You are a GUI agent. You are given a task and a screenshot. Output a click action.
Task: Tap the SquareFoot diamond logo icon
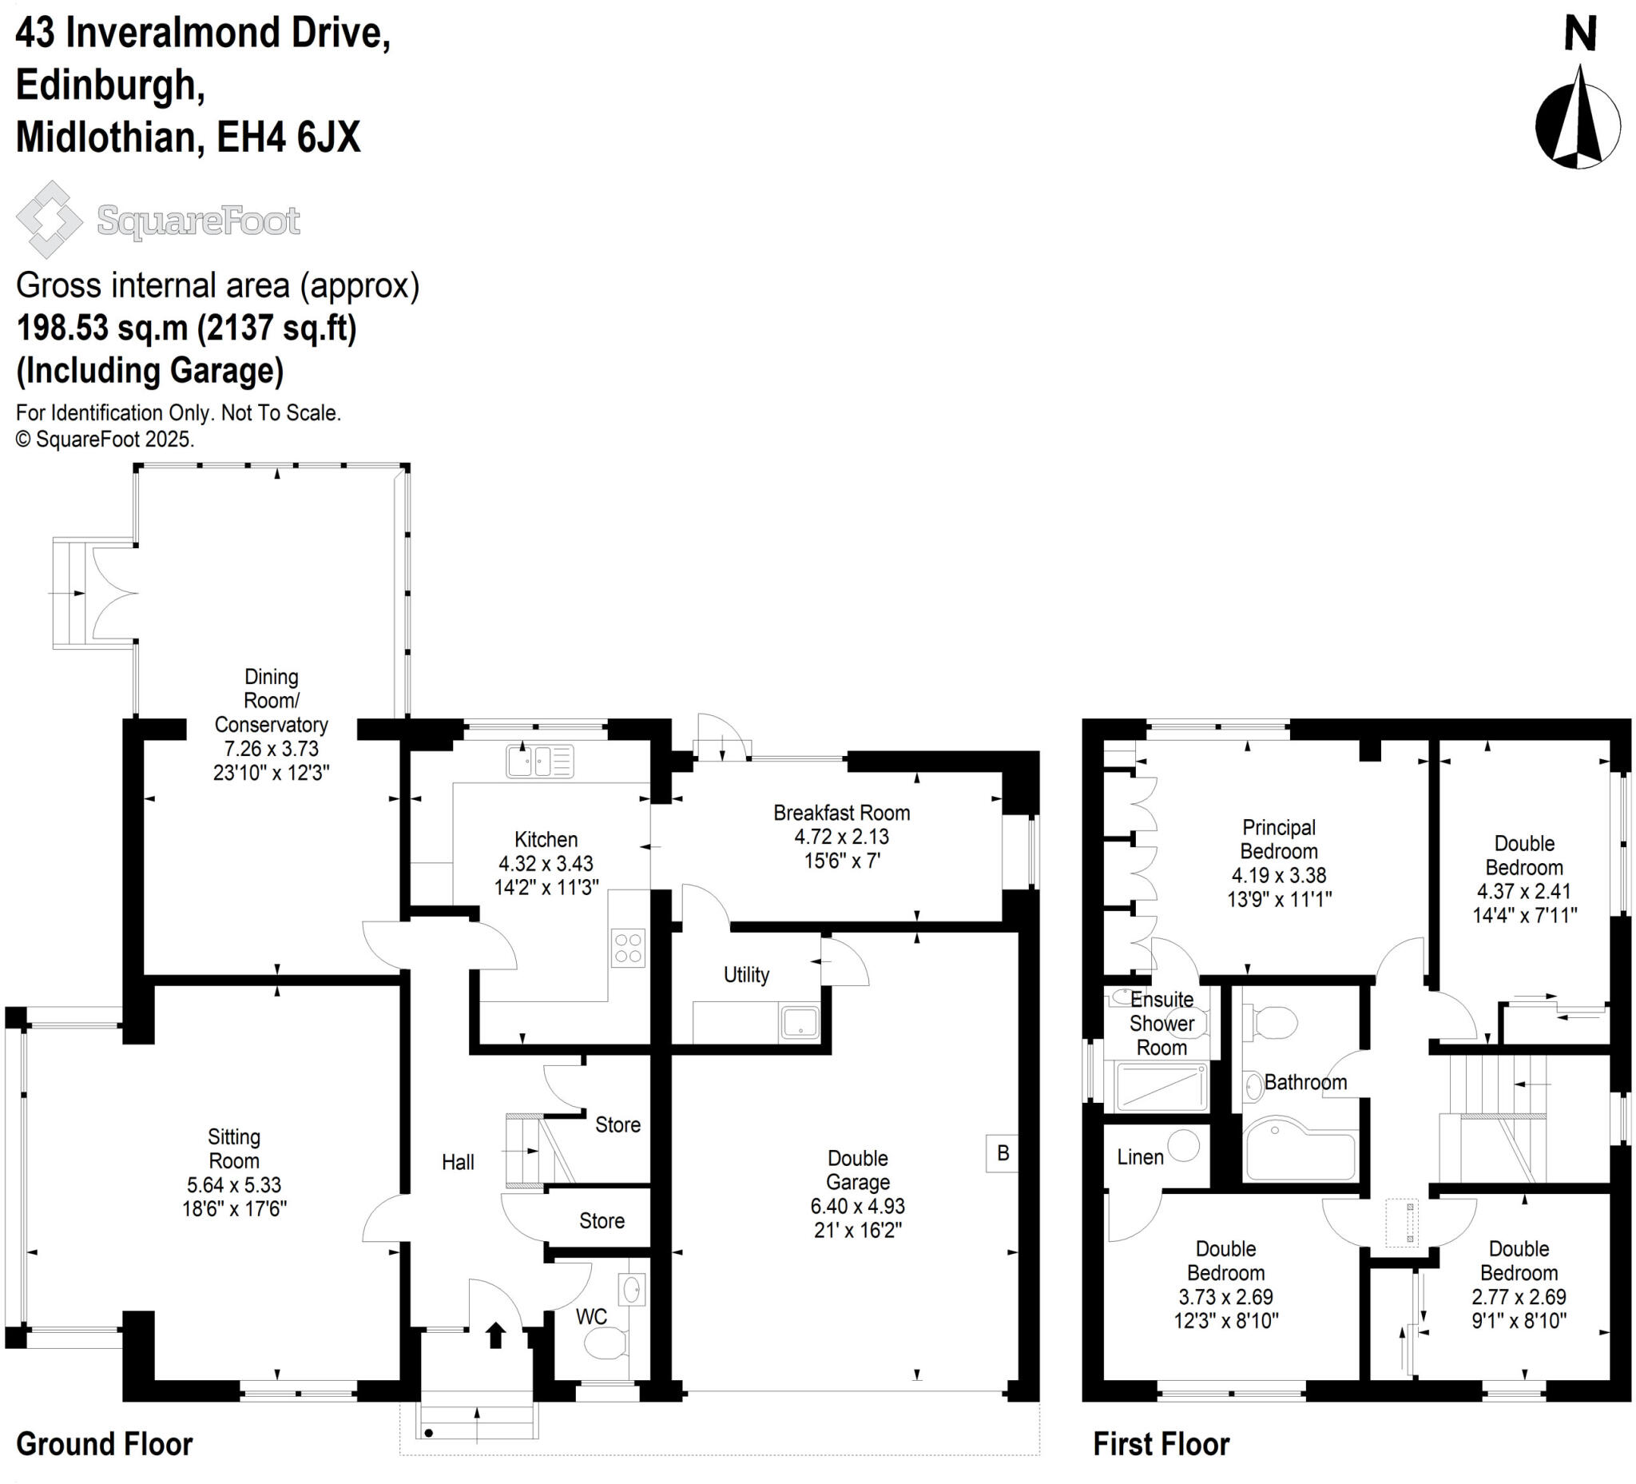pyautogui.click(x=50, y=219)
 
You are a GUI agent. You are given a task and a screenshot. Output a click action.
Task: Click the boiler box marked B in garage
pyautogui.click(x=1003, y=1153)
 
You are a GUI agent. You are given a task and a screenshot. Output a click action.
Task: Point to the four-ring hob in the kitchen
pyautogui.click(x=628, y=948)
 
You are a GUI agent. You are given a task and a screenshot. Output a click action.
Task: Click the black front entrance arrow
pyautogui.click(x=495, y=1335)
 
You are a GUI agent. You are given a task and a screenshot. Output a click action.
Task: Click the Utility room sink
pyautogui.click(x=800, y=1022)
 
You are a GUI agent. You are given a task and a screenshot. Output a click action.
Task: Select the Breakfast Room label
pyautogui.click(x=841, y=813)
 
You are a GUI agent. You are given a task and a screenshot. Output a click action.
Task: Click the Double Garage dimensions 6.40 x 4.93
pyautogui.click(x=858, y=1207)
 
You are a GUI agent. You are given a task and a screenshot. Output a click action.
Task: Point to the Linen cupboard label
pyautogui.click(x=1140, y=1158)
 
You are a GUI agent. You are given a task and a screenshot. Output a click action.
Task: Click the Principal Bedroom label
pyautogui.click(x=1279, y=839)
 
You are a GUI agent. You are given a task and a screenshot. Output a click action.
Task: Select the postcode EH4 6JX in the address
pyautogui.click(x=288, y=137)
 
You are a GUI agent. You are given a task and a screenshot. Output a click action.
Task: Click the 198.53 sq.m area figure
pyautogui.click(x=101, y=328)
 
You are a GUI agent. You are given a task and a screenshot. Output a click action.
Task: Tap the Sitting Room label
pyautogui.click(x=234, y=1148)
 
